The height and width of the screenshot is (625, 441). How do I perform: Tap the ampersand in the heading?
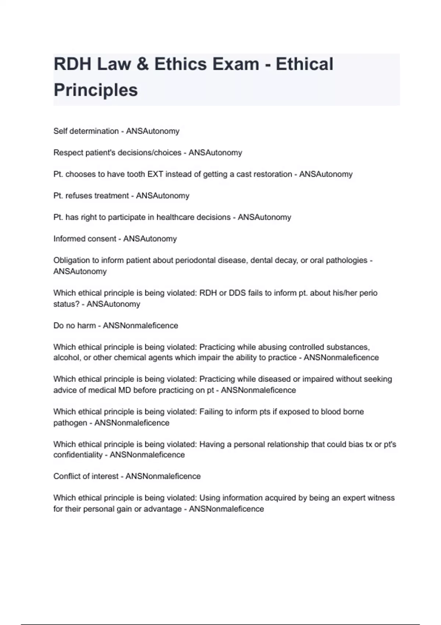(x=143, y=64)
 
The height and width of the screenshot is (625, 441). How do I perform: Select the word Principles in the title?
(x=96, y=90)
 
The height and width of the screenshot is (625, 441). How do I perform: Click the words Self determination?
(x=86, y=131)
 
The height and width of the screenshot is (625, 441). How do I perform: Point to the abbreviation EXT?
(x=155, y=174)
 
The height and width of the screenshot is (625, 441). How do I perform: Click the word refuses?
(x=79, y=196)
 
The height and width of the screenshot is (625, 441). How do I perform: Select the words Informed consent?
(x=85, y=239)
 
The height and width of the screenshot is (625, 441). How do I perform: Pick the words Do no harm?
(x=75, y=326)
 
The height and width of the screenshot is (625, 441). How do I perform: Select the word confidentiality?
(x=78, y=455)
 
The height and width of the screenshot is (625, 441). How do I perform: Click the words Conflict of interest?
(x=86, y=476)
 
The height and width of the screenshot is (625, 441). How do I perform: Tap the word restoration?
(x=270, y=174)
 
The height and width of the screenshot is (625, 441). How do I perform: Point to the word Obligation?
(x=71, y=260)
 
